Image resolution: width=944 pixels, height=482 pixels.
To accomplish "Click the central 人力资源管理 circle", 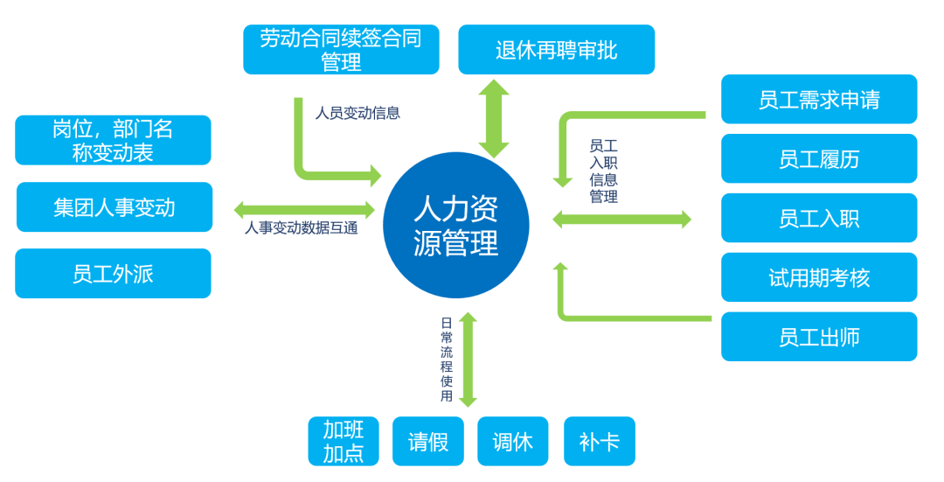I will (x=455, y=225).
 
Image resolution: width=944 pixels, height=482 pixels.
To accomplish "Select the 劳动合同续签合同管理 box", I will (x=341, y=50).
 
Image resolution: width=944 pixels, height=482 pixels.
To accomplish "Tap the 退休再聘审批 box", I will (x=556, y=50).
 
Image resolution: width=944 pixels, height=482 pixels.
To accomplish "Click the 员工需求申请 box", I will (x=819, y=99).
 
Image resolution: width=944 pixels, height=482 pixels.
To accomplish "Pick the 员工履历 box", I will (x=819, y=158).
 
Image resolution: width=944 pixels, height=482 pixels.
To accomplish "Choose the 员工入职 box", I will (x=819, y=218).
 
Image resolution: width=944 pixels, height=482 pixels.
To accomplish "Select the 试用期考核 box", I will (x=819, y=277).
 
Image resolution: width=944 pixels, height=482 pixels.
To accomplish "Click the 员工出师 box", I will (x=819, y=337).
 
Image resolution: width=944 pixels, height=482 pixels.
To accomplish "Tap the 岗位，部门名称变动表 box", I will (x=113, y=140).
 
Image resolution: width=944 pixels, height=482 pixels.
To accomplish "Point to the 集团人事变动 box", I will (x=114, y=207).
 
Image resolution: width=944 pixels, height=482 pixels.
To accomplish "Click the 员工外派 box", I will (x=113, y=274).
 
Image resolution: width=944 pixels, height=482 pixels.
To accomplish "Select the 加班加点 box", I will (x=344, y=441).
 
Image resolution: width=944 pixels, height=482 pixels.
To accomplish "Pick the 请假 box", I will (x=428, y=441).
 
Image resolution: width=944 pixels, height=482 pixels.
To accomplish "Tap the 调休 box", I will (x=512, y=441).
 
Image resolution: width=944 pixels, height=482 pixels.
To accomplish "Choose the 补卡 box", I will (x=600, y=441).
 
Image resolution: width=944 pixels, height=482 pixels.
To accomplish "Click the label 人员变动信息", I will (x=357, y=113).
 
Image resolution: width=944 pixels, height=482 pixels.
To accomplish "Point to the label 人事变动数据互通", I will (x=301, y=228).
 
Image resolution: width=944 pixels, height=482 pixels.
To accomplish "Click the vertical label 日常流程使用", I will (x=447, y=359).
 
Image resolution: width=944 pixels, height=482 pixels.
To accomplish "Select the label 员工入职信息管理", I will (x=603, y=171).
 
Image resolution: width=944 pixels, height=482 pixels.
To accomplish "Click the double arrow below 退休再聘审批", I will (x=494, y=118).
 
